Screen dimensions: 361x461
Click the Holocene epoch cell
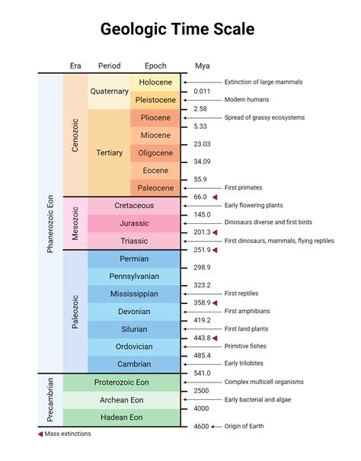tap(155, 82)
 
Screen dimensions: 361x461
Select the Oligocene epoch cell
tap(155, 153)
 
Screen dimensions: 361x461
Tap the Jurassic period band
tap(134, 223)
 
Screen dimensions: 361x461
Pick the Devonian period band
tap(134, 312)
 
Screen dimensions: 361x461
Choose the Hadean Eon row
tap(121, 418)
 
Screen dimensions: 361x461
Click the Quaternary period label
tap(110, 91)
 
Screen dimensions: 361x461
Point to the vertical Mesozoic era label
tap(75, 223)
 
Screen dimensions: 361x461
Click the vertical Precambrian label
tap(50, 400)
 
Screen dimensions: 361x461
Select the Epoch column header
tap(155, 66)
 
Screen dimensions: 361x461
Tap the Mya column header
tap(203, 66)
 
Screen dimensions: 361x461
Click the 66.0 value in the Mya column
tap(200, 197)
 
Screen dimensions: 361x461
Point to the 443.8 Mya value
tap(202, 338)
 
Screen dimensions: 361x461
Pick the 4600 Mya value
tap(201, 426)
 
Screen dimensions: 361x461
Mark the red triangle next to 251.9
tap(215, 250)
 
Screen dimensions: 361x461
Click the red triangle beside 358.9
tap(215, 303)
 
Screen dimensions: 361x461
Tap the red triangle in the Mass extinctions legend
tap(40, 434)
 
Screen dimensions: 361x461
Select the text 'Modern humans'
tap(247, 100)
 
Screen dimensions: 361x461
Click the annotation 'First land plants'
tap(246, 329)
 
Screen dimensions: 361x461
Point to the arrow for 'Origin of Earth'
tap(216, 427)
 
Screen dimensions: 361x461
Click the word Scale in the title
tap(234, 29)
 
